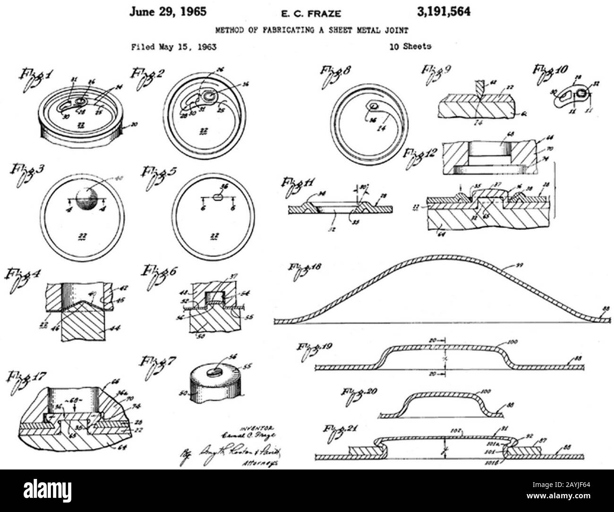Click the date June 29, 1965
click(168, 12)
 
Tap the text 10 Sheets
click(410, 46)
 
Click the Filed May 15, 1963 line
click(173, 47)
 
